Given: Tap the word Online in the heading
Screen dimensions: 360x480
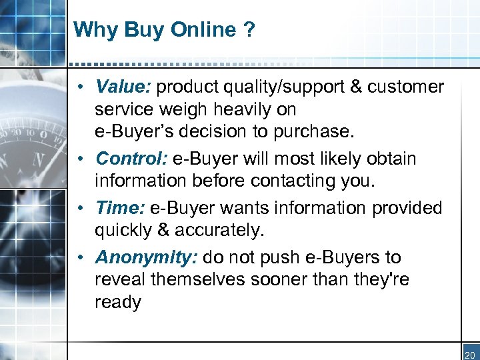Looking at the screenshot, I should pyautogui.click(x=203, y=30).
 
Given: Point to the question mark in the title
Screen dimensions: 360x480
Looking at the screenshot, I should pyautogui.click(x=248, y=30).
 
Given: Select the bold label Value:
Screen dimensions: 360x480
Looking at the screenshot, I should pyautogui.click(x=124, y=87).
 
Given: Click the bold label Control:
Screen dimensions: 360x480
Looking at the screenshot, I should pyautogui.click(x=132, y=159).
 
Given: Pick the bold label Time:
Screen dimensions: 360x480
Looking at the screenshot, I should pyautogui.click(x=120, y=208).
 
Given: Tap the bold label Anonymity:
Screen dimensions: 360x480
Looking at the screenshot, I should pyautogui.click(x=147, y=257).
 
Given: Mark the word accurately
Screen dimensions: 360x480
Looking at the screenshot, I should pyautogui.click(x=218, y=231).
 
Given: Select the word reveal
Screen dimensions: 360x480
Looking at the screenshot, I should pyautogui.click(x=120, y=280).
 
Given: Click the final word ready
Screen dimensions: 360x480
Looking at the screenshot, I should pyautogui.click(x=118, y=303).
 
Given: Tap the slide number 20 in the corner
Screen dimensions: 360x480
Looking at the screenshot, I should pyautogui.click(x=471, y=355).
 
